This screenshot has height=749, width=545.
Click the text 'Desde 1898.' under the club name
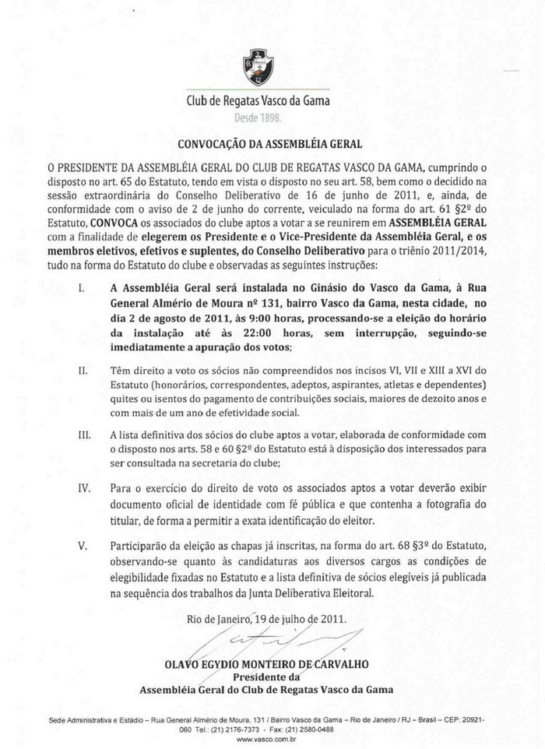258,118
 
